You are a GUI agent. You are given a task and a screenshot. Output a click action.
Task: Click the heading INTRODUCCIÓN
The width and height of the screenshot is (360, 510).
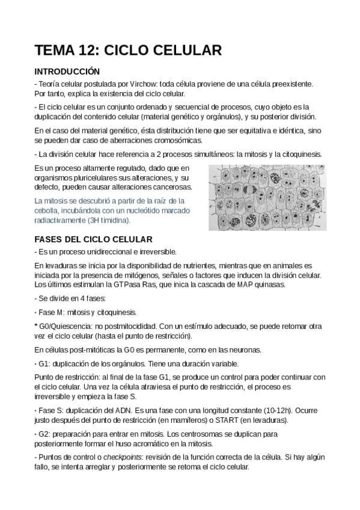point(67,71)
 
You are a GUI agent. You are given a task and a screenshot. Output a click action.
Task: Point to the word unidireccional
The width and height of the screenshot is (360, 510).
point(115,251)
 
